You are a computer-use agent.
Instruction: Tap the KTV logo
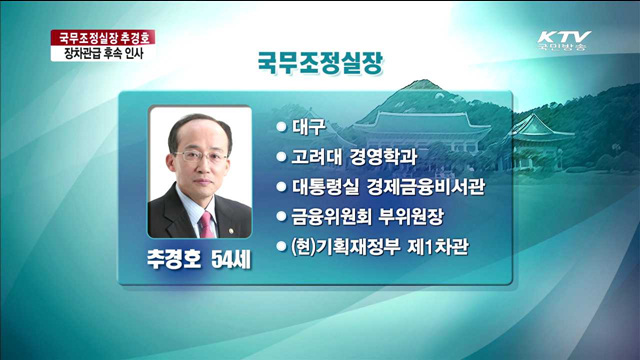(x=565, y=38)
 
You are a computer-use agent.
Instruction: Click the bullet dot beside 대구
(x=282, y=127)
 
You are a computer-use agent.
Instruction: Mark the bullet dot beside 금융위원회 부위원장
(x=282, y=214)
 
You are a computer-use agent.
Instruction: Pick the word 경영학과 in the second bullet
(x=392, y=156)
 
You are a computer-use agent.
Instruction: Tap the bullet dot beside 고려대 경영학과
(x=282, y=156)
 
